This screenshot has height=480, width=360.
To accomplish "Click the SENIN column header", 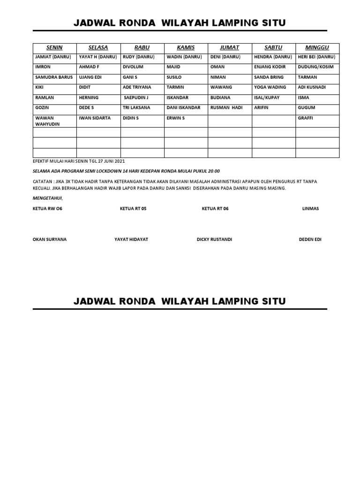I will [54, 48].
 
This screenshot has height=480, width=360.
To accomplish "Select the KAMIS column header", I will [186, 48].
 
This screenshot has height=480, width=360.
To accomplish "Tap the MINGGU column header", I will [317, 48].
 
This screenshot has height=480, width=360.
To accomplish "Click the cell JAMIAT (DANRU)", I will [52, 57].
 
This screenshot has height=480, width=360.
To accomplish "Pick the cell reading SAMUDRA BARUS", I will [54, 77].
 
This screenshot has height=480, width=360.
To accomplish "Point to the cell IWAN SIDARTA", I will [95, 118].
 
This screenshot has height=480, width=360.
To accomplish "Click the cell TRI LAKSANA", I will [136, 108].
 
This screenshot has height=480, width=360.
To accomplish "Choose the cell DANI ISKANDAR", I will [183, 108].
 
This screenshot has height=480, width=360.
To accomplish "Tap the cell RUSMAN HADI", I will [226, 108].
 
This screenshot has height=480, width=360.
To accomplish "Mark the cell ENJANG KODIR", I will [270, 67].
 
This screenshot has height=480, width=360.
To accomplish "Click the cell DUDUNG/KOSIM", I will [316, 67].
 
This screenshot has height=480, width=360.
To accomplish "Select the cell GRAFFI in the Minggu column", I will [306, 118].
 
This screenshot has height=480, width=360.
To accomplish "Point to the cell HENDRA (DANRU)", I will [273, 57].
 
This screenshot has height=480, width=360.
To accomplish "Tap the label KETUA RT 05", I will [133, 209].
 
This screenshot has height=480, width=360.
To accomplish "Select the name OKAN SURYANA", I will [50, 240].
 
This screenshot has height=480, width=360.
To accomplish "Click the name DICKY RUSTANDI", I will [214, 240].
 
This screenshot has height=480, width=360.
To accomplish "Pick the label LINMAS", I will [310, 209].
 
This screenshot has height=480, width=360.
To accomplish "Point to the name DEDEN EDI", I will [310, 240].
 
